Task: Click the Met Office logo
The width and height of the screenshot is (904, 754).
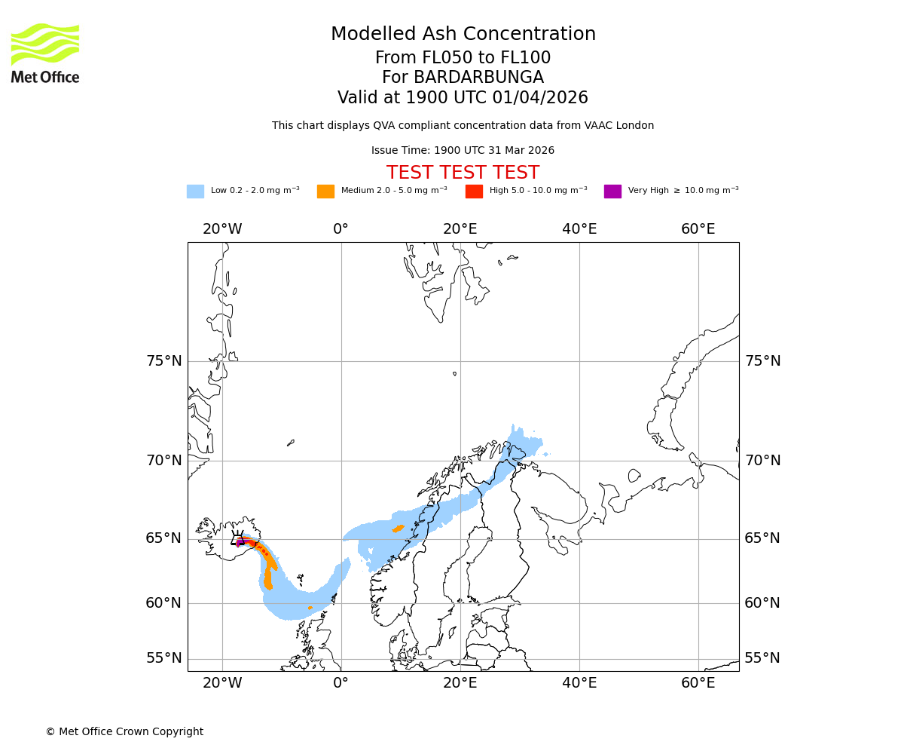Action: point(45,53)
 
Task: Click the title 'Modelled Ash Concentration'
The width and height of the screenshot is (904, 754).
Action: point(463,34)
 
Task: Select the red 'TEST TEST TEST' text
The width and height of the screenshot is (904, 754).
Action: point(463,173)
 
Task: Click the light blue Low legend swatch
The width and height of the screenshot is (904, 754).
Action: point(195,191)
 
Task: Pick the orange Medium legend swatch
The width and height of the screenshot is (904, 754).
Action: point(325,191)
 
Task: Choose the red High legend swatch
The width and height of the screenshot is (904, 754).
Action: point(474,191)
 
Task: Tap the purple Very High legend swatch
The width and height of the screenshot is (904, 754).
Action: point(612,191)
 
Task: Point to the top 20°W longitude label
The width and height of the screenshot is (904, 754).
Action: point(222,229)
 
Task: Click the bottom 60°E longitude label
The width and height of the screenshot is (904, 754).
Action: point(698,683)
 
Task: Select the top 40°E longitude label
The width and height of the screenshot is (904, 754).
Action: point(579,229)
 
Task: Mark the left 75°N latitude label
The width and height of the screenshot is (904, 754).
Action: point(164,361)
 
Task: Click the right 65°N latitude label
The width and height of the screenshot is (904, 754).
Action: point(762,538)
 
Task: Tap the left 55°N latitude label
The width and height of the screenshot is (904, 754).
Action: point(164,658)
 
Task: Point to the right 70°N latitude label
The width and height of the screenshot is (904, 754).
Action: point(762,461)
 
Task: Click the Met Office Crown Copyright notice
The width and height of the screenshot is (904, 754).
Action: point(124,731)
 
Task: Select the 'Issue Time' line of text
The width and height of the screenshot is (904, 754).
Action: point(463,151)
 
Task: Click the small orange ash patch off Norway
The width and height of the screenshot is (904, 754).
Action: point(398,528)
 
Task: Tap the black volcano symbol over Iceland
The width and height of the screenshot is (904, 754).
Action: point(238,538)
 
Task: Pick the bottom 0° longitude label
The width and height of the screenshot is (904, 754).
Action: point(341,683)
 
